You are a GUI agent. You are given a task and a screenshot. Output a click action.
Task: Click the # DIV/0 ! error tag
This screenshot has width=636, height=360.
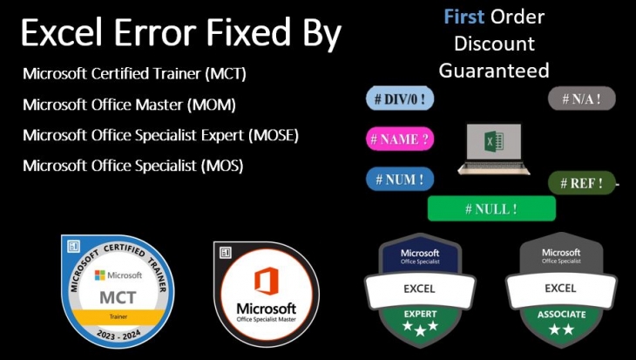tap(399, 99)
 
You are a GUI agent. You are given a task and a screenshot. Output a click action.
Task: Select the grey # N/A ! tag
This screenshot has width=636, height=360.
tap(581, 98)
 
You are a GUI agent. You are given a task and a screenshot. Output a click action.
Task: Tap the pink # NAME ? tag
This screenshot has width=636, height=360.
tap(400, 139)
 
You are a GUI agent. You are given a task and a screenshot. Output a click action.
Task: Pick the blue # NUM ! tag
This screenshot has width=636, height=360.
tap(399, 180)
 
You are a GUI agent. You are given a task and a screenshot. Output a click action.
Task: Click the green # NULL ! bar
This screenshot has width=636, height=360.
tap(491, 208)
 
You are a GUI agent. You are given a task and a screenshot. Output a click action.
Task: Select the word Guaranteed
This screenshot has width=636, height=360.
tap(494, 70)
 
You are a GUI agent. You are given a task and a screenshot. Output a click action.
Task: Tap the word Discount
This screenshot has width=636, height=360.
tap(494, 43)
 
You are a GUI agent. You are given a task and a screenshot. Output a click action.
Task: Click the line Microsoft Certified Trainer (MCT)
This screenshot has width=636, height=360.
tap(135, 73)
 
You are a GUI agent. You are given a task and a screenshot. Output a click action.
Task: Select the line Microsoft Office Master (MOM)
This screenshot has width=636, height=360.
tap(129, 105)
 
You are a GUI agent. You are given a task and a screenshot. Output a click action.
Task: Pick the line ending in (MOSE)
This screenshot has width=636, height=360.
tap(160, 135)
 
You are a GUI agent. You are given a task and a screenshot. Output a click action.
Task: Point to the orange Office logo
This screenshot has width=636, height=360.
tap(266, 282)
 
